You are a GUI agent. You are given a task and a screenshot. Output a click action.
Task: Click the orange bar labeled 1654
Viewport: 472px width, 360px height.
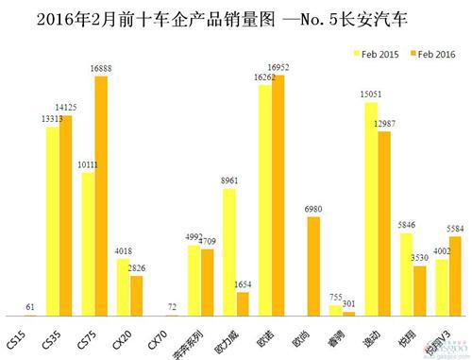click(x=243, y=303)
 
